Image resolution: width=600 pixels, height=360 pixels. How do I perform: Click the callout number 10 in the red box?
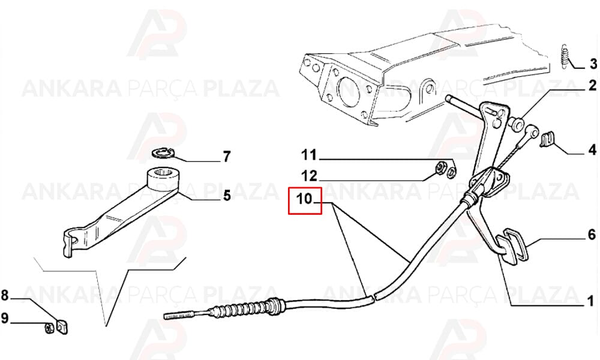click(x=305, y=199)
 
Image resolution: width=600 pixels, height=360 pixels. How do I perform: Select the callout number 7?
click(x=227, y=157)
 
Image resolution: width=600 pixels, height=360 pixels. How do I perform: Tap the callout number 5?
click(x=227, y=196)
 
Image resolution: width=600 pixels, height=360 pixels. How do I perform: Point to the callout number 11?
click(x=309, y=155)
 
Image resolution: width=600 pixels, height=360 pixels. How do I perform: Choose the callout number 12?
click(x=309, y=176)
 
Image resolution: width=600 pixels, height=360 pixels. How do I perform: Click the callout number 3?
click(x=593, y=64)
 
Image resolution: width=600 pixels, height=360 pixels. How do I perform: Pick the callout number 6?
click(x=592, y=234)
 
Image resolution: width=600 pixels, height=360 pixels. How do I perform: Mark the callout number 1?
click(x=590, y=301)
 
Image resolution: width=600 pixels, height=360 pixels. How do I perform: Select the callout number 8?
click(x=5, y=295)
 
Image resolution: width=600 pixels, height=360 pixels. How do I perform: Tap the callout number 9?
click(x=5, y=318)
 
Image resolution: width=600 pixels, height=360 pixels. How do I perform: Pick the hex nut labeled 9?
click(x=49, y=328)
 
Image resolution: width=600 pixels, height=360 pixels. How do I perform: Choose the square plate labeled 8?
click(x=62, y=327)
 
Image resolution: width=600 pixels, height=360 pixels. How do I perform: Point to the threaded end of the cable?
click(x=180, y=316)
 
